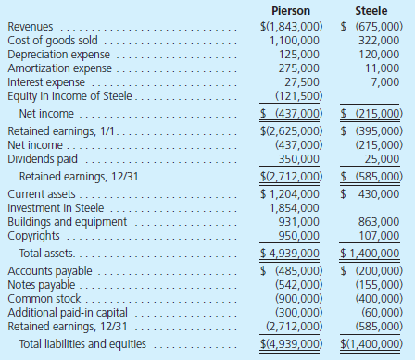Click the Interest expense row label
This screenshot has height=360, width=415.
[46, 82]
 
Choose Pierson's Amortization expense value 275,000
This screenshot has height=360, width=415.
[298, 69]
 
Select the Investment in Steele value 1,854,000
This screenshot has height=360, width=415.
[295, 209]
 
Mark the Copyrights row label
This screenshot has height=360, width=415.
[33, 236]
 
